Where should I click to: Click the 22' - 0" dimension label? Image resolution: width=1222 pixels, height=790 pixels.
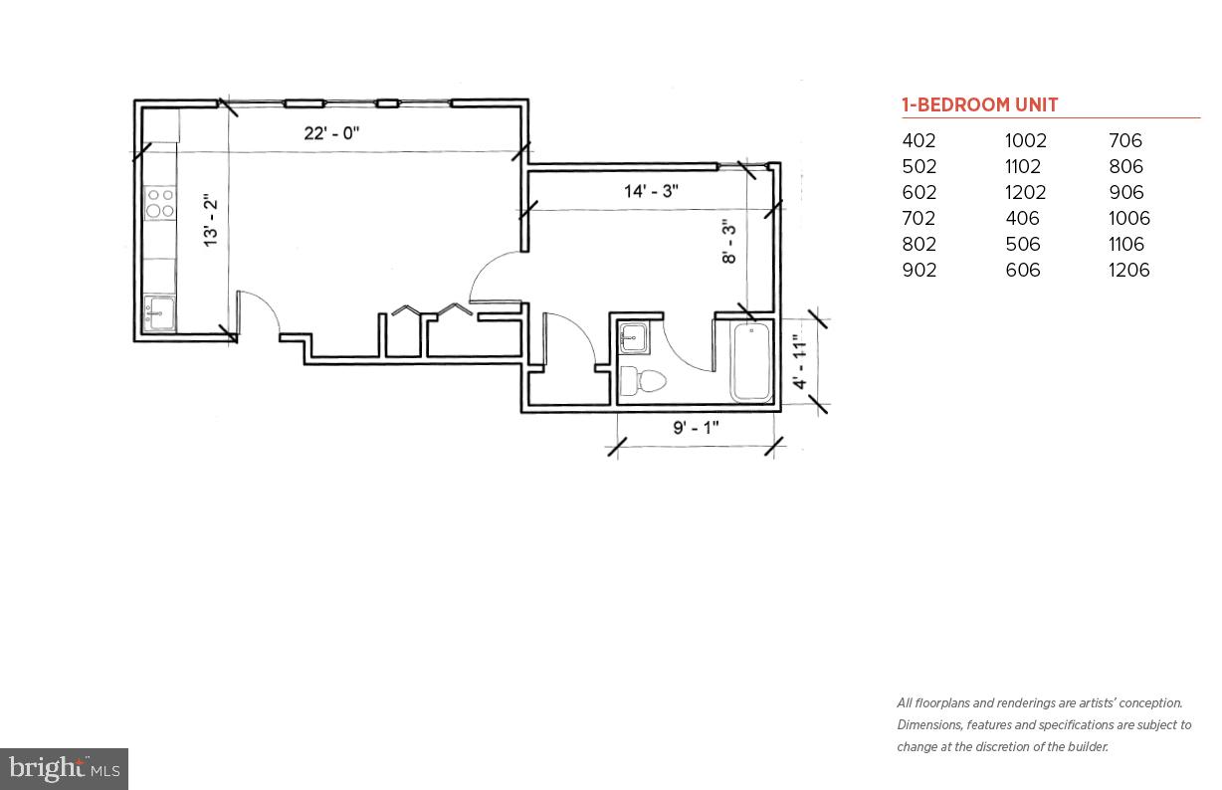pyautogui.click(x=331, y=133)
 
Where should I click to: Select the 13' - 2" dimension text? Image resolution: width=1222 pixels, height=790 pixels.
pyautogui.click(x=210, y=221)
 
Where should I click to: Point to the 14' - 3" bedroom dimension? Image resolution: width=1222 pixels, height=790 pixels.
pyautogui.click(x=652, y=191)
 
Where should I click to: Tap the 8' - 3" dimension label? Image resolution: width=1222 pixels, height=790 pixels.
pyautogui.click(x=729, y=242)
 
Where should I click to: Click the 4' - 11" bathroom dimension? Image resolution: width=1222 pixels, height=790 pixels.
pyautogui.click(x=800, y=361)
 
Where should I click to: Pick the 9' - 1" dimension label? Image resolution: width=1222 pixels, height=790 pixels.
pyautogui.click(x=696, y=428)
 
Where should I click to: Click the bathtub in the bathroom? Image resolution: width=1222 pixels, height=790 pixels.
pyautogui.click(x=752, y=362)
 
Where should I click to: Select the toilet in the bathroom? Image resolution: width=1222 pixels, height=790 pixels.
pyautogui.click(x=643, y=381)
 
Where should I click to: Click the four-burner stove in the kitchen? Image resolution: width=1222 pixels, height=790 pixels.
pyautogui.click(x=160, y=204)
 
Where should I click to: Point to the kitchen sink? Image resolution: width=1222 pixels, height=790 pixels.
pyautogui.click(x=157, y=313)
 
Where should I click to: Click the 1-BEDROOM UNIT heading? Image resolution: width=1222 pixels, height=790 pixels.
pyautogui.click(x=979, y=105)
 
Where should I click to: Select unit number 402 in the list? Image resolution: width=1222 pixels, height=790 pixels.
pyautogui.click(x=918, y=141)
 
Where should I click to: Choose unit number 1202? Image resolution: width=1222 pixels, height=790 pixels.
pyautogui.click(x=1025, y=193)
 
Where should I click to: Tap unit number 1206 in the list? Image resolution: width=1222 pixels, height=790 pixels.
pyautogui.click(x=1128, y=271)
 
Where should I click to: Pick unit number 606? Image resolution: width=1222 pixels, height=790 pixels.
pyautogui.click(x=1022, y=271)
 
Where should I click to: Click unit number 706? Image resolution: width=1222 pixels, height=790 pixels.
pyautogui.click(x=1125, y=141)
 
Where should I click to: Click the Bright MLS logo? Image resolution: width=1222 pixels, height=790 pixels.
pyautogui.click(x=64, y=768)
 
